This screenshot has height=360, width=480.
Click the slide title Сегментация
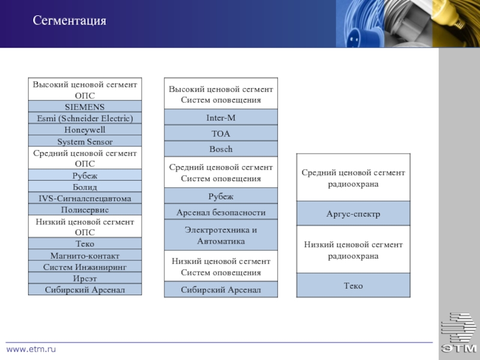70,22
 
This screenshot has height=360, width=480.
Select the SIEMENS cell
85,107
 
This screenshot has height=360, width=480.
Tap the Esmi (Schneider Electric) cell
85,118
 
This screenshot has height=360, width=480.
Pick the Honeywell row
85,130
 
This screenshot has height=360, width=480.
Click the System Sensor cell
85,142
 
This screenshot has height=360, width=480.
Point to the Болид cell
85,187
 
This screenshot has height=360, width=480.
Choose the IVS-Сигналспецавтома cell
85,198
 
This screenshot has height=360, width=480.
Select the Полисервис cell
85,209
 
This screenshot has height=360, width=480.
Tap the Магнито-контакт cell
85,255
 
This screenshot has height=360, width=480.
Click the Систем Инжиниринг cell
85,266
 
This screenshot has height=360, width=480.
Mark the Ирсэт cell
85,278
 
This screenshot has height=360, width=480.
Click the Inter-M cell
221,118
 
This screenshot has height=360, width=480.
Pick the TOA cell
221,133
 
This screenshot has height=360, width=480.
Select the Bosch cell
221,149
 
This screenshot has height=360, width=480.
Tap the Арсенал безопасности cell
221,212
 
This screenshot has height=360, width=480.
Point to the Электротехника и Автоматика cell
221,235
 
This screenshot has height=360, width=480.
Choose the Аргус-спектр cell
353,214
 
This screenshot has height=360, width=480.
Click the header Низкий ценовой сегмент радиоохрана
353,250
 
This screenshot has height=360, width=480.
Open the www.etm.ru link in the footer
31,349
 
